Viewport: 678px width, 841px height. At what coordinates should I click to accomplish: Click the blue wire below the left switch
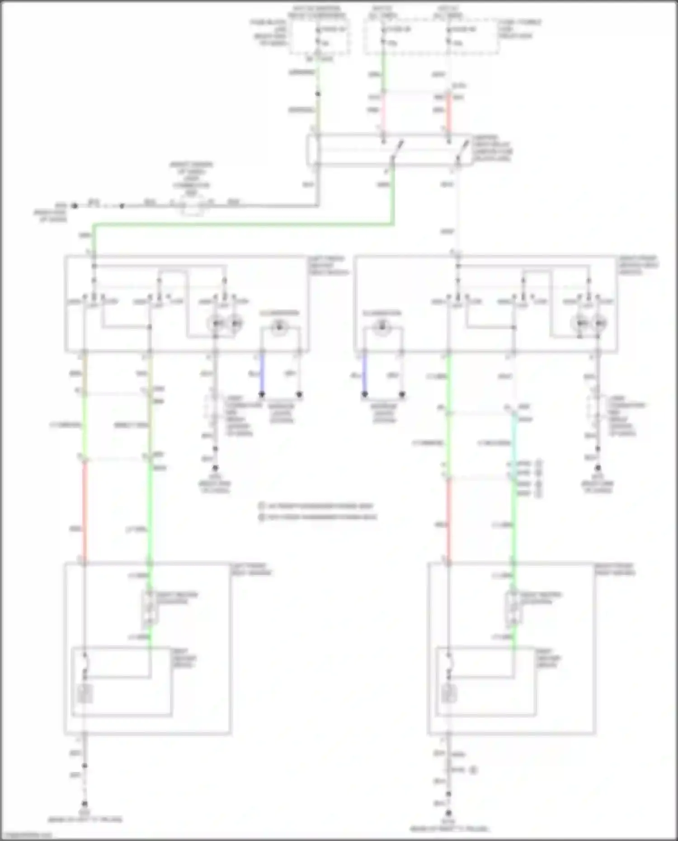pyautogui.click(x=262, y=374)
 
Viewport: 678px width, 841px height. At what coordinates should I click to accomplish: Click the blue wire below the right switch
pyautogui.click(x=365, y=374)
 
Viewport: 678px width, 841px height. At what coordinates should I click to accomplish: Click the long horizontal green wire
pyautogui.click(x=244, y=224)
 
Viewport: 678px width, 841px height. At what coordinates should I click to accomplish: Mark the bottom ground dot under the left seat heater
pyautogui.click(x=85, y=804)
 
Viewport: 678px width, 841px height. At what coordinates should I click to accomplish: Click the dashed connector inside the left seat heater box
pyautogui.click(x=150, y=607)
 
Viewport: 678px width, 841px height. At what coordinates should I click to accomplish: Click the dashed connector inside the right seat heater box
pyautogui.click(x=513, y=607)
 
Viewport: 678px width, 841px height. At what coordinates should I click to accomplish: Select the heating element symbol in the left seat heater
pyautogui.click(x=85, y=694)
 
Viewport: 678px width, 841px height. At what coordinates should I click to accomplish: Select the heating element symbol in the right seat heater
pyautogui.click(x=449, y=694)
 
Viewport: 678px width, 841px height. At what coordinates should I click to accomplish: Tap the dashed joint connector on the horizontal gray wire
pyautogui.click(x=193, y=206)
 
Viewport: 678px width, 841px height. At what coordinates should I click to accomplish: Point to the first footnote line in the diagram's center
pyautogui.click(x=316, y=506)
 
